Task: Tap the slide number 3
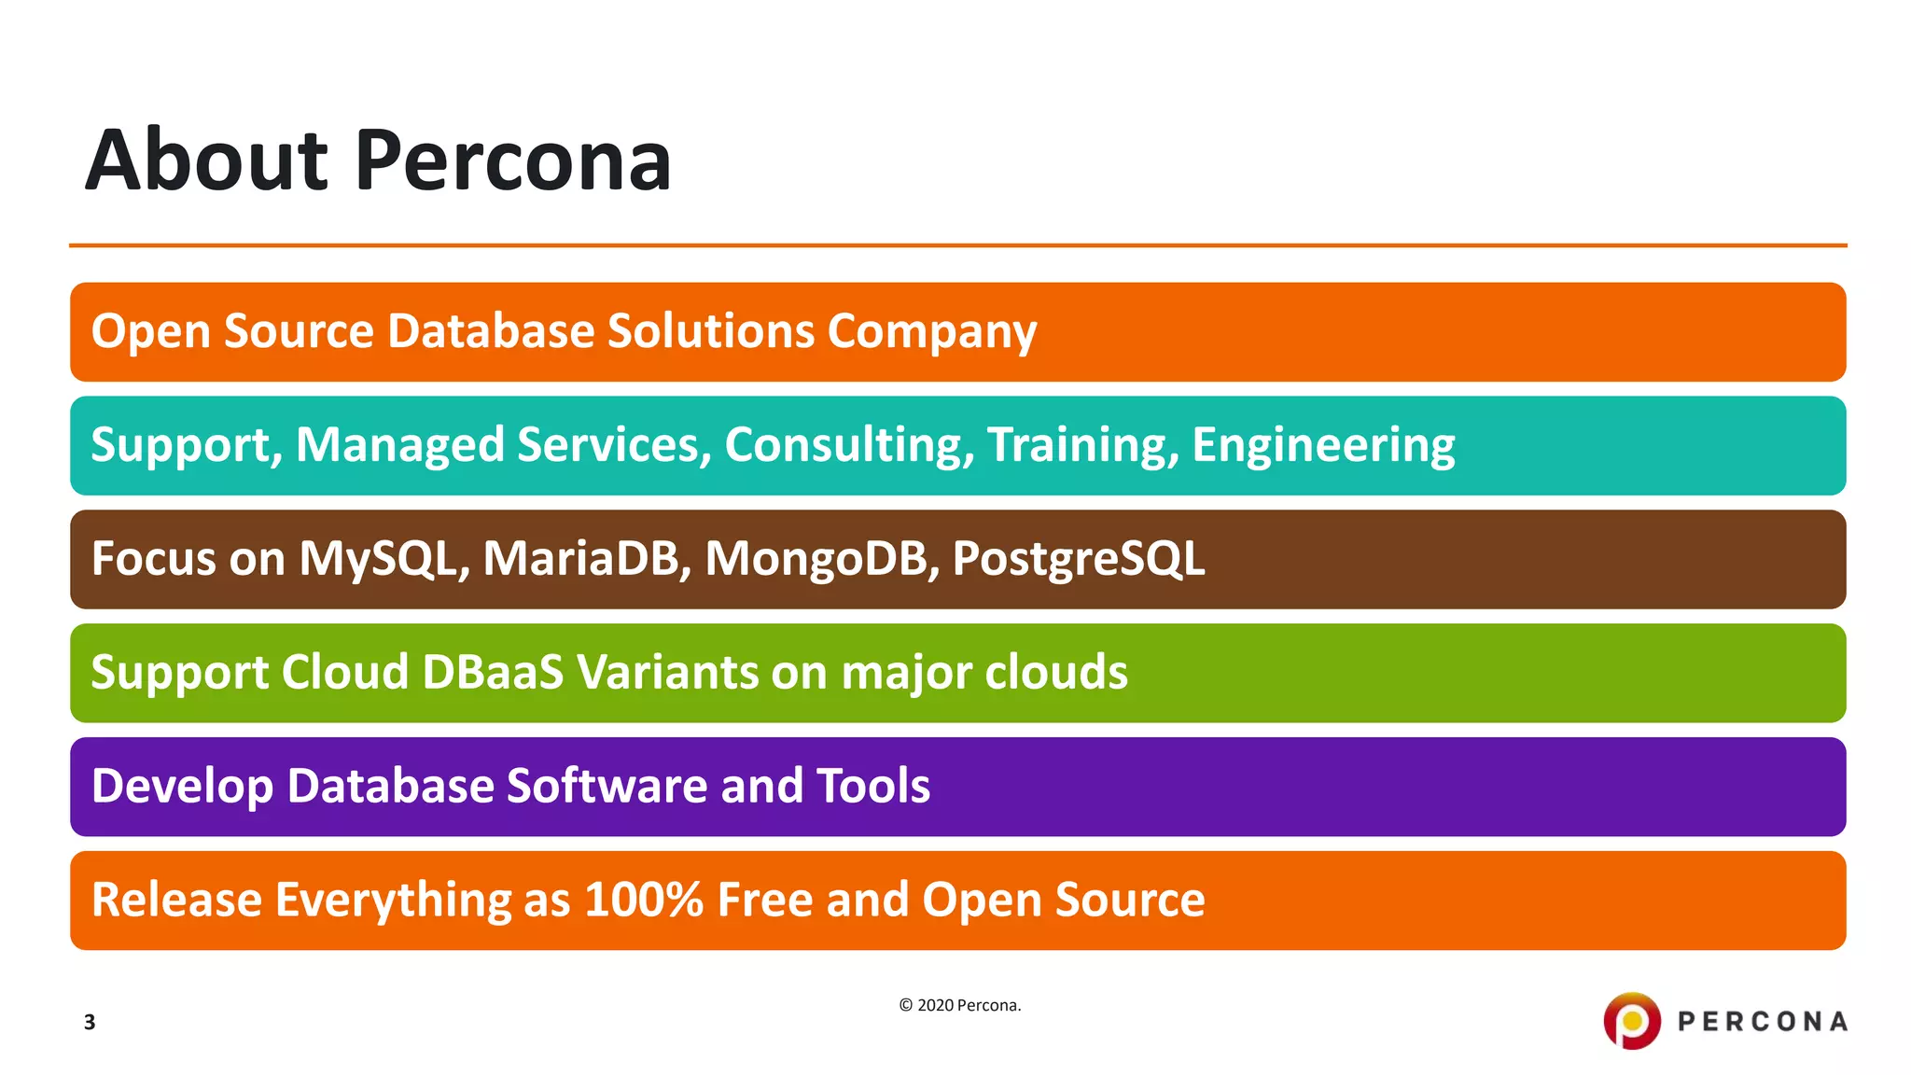(90, 1022)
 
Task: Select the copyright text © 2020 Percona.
(959, 1005)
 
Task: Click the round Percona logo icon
(1631, 1021)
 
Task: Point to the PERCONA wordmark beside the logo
(1762, 1022)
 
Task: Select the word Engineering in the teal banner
(1322, 445)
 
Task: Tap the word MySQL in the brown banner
(384, 559)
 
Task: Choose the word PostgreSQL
(1078, 559)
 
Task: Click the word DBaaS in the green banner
(493, 673)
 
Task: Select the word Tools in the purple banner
(872, 786)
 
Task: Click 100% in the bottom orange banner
(643, 900)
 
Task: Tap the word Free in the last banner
(764, 900)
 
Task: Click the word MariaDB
(586, 559)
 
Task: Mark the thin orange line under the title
(957, 245)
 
